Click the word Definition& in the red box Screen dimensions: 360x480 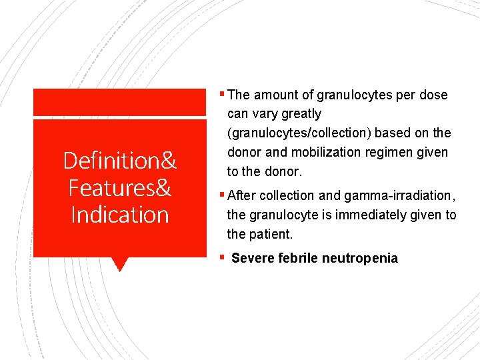click(x=119, y=161)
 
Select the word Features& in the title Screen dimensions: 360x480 click(x=119, y=188)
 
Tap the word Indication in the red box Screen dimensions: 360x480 click(x=119, y=215)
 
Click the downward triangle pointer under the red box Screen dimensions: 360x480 click(x=119, y=265)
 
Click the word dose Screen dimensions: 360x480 click(x=433, y=95)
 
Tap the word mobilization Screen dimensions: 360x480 click(x=325, y=153)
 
